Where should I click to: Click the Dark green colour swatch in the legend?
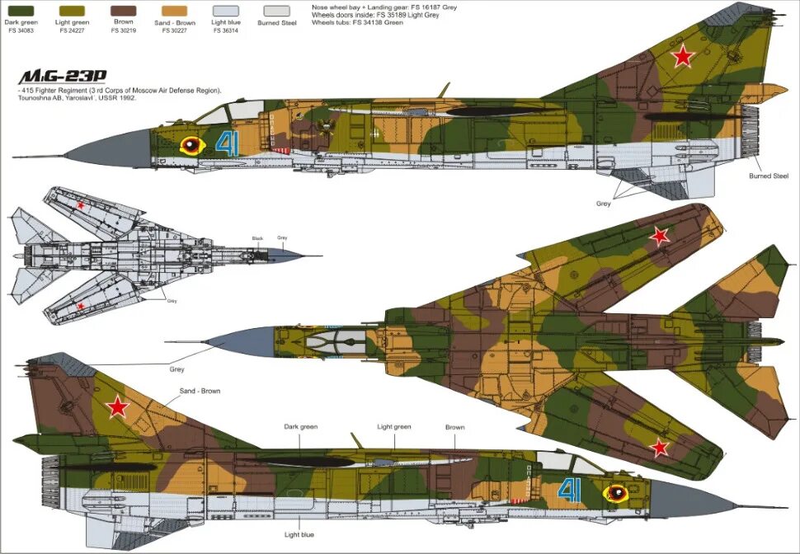point(21,12)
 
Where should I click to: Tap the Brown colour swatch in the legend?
point(124,12)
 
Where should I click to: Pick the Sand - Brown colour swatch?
point(174,12)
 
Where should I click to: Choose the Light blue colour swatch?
point(224,12)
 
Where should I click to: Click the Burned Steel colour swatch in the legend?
point(276,12)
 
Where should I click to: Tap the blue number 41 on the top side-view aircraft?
point(225,144)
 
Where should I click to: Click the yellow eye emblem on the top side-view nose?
point(192,146)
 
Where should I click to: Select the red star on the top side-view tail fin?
point(682,56)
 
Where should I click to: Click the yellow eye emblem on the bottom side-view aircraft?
point(614,493)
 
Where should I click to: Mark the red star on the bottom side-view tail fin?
point(119,406)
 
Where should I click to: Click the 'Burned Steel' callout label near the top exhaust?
point(769,176)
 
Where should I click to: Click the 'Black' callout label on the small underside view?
point(258,238)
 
